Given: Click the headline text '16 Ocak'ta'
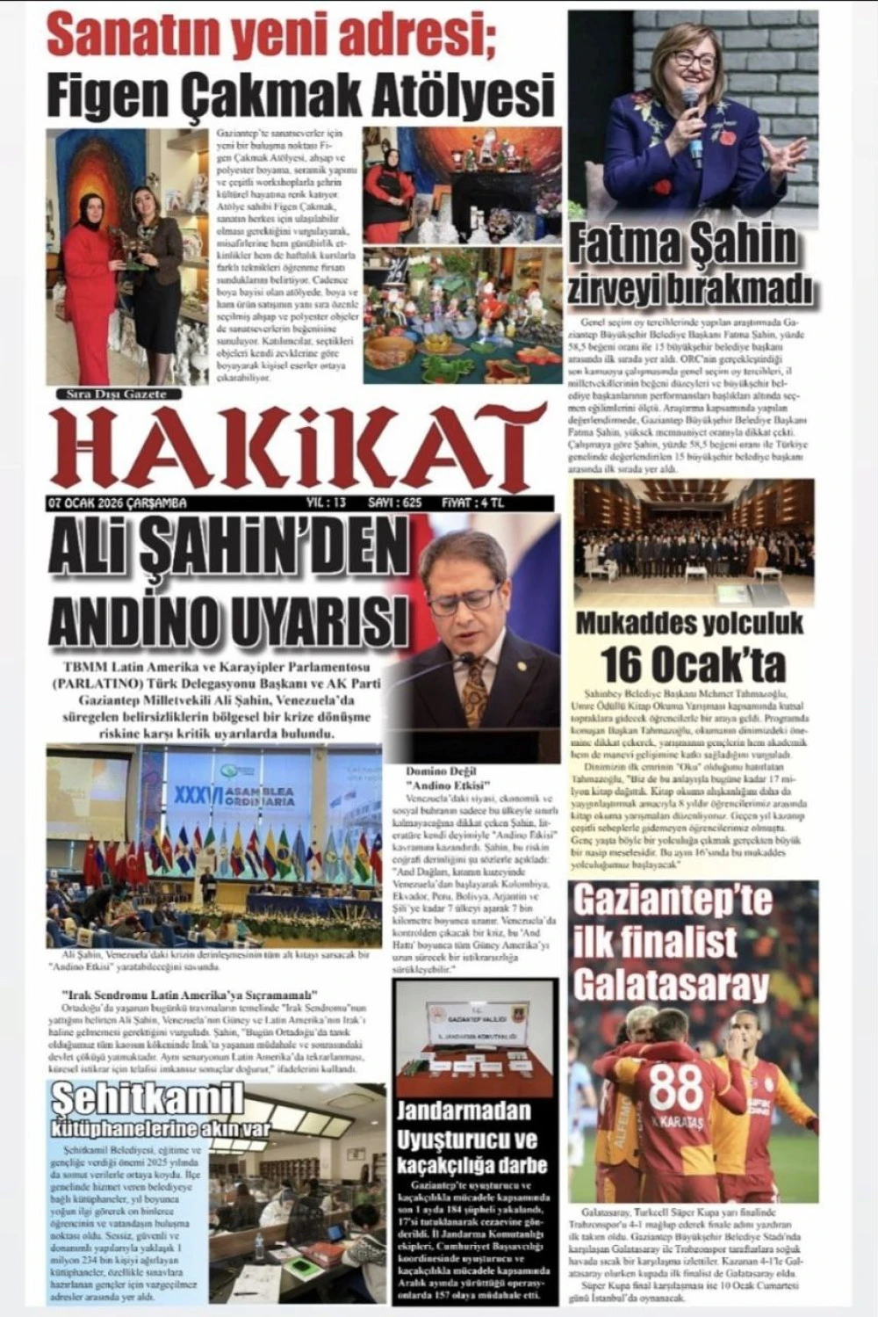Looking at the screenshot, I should (692, 664).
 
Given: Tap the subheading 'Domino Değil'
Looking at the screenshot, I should (447, 770).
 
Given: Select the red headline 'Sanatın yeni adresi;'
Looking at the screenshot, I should (271, 35).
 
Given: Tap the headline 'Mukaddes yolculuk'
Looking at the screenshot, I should (689, 623).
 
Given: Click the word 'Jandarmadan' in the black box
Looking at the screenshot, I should (464, 1111).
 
